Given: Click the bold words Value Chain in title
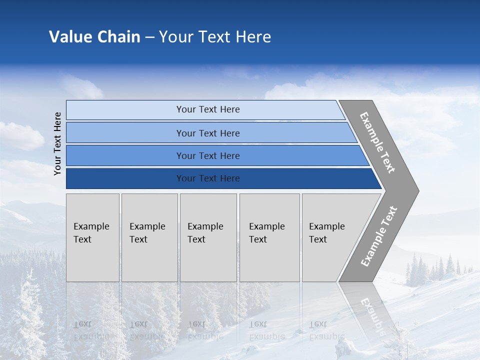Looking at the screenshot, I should (94, 37).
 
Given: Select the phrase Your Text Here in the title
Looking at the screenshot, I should (215, 37).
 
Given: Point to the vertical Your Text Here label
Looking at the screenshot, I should (57, 143).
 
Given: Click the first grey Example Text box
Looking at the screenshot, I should (92, 237).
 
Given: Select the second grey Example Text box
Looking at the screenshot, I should (149, 237).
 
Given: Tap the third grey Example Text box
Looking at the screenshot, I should (208, 237).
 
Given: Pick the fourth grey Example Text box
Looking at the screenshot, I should (269, 237).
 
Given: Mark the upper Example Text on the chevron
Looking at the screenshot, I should (377, 142).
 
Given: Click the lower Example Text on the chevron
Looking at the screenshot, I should (378, 236).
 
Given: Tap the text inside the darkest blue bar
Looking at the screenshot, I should (208, 178).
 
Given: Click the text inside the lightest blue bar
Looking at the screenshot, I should (208, 109).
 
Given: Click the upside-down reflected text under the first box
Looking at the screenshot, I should (91, 330).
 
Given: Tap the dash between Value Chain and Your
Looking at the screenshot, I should (149, 37).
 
